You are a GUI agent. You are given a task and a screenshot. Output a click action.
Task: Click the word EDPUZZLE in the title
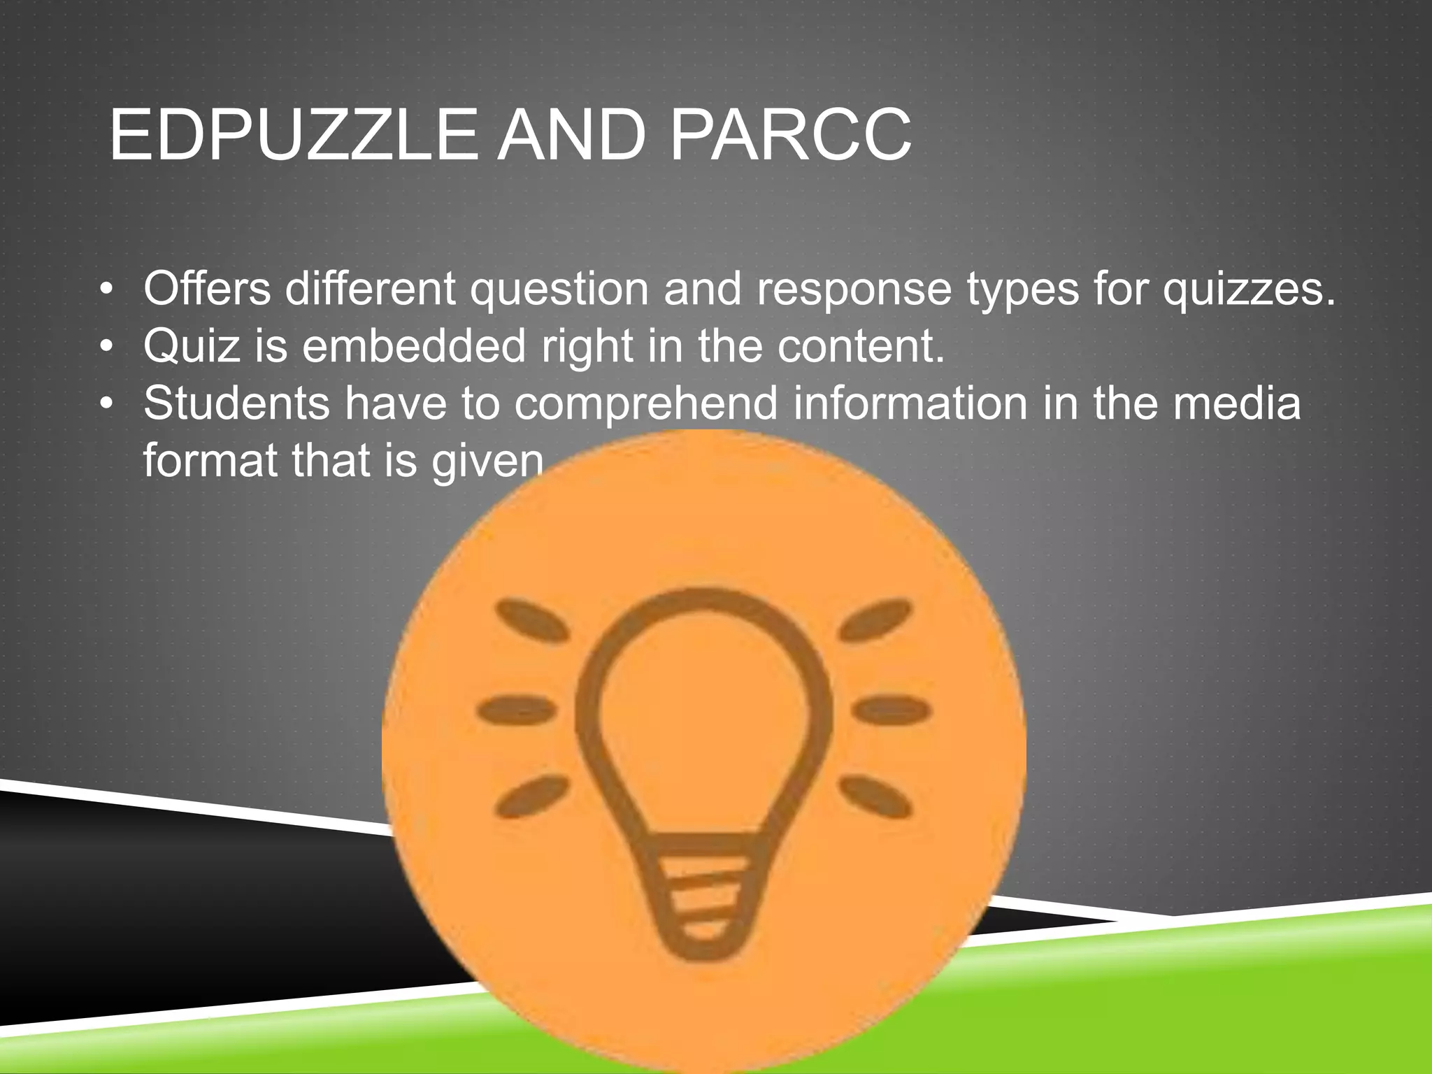tap(293, 135)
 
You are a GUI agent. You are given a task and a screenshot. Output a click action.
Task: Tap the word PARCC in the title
tap(790, 135)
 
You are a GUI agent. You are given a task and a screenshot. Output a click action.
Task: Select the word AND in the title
tap(571, 135)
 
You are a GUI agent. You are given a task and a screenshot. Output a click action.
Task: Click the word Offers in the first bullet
tap(207, 288)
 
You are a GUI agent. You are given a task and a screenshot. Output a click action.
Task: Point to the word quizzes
tap(1249, 289)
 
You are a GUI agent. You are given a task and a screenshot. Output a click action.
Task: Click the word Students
tap(236, 403)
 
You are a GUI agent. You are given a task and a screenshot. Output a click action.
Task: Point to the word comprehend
tap(646, 405)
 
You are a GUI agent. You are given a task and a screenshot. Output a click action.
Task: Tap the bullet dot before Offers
tap(106, 289)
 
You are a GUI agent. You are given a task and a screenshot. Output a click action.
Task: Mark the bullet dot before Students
tap(106, 404)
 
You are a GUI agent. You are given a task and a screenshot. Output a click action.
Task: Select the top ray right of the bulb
tap(876, 620)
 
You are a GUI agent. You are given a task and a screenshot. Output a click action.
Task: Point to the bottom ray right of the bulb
tap(875, 796)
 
